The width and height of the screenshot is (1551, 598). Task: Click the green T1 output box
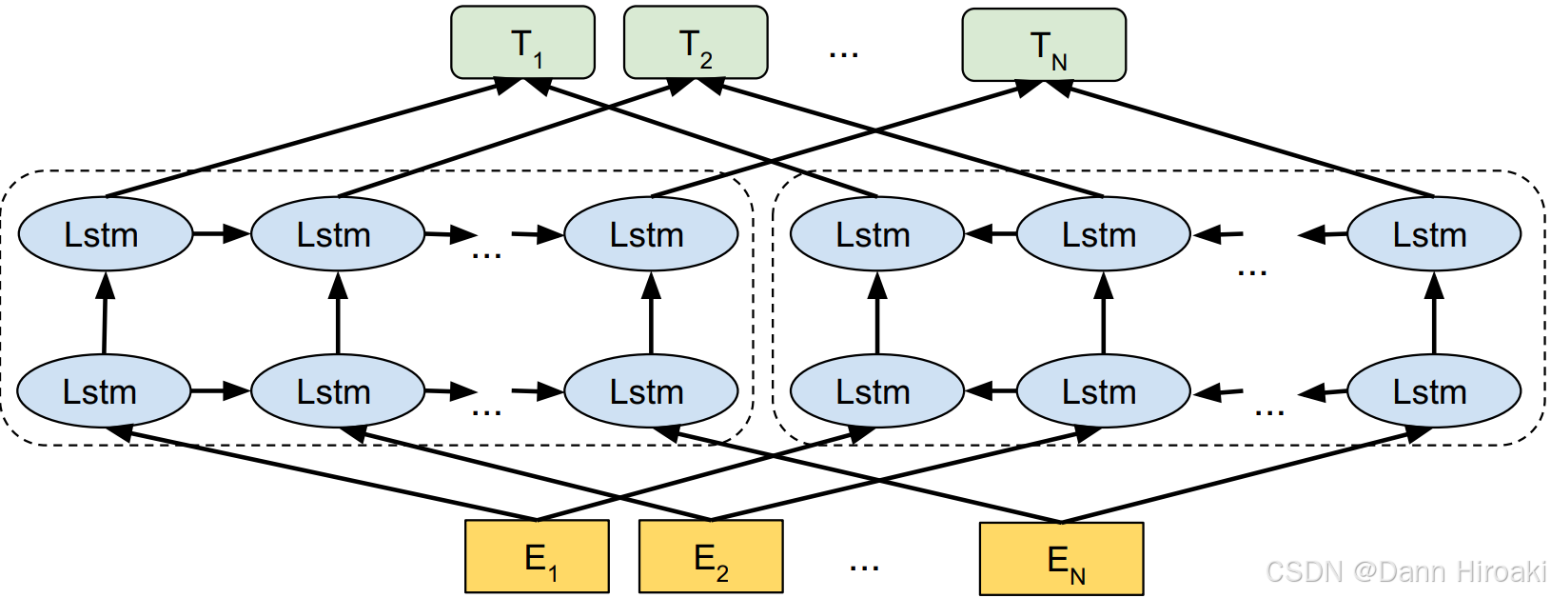click(x=522, y=43)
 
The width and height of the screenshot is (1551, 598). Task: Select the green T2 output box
click(x=695, y=43)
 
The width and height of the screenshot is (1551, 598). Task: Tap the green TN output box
click(x=1044, y=46)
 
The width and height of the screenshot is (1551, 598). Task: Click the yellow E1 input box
click(x=537, y=556)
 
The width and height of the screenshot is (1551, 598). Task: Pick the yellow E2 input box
click(x=711, y=556)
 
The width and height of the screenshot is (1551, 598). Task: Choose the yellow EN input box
click(x=1061, y=559)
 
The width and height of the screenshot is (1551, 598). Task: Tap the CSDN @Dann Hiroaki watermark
click(x=1405, y=571)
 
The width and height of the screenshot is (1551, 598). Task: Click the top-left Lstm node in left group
click(x=105, y=234)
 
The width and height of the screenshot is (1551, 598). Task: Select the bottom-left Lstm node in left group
click(x=103, y=391)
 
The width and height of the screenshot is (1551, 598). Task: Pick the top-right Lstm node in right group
click(x=1433, y=234)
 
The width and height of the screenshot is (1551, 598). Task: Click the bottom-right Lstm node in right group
click(x=1433, y=391)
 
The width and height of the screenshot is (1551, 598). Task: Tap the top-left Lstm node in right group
click(x=876, y=234)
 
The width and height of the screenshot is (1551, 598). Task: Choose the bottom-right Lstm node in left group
click(x=650, y=391)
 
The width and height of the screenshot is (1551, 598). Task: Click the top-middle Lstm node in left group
click(x=337, y=234)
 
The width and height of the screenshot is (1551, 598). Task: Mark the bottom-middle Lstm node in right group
click(x=1102, y=391)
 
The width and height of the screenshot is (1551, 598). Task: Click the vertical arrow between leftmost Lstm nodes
click(x=105, y=312)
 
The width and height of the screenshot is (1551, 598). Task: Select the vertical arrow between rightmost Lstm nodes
click(x=1434, y=312)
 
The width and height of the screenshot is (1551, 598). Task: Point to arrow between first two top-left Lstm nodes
click(x=222, y=233)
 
